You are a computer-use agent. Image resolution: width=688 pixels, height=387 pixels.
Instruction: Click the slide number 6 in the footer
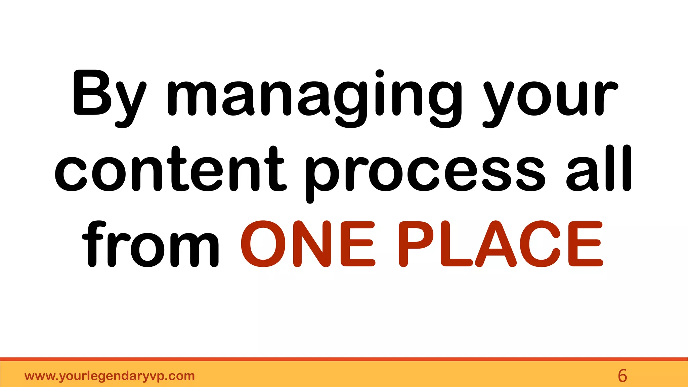click(622, 376)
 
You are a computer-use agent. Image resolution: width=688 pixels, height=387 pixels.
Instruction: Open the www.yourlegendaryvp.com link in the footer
click(110, 376)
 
